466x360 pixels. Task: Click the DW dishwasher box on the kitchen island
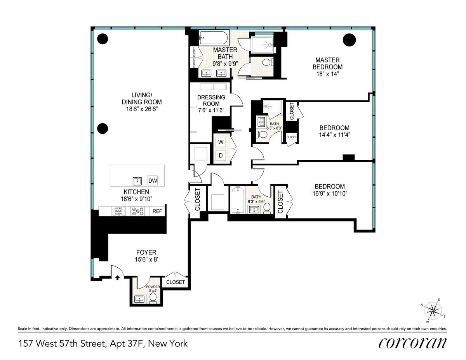coord(153,181)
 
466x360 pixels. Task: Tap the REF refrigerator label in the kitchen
coord(157,211)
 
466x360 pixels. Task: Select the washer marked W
coord(221,142)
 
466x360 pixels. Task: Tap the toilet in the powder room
coord(153,298)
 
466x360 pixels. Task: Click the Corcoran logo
coord(412,343)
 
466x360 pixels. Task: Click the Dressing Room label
coord(211,100)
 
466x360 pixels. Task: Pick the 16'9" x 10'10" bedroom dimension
coord(330,193)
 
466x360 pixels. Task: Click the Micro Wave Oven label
coord(118,211)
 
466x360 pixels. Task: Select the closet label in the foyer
coord(175,282)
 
